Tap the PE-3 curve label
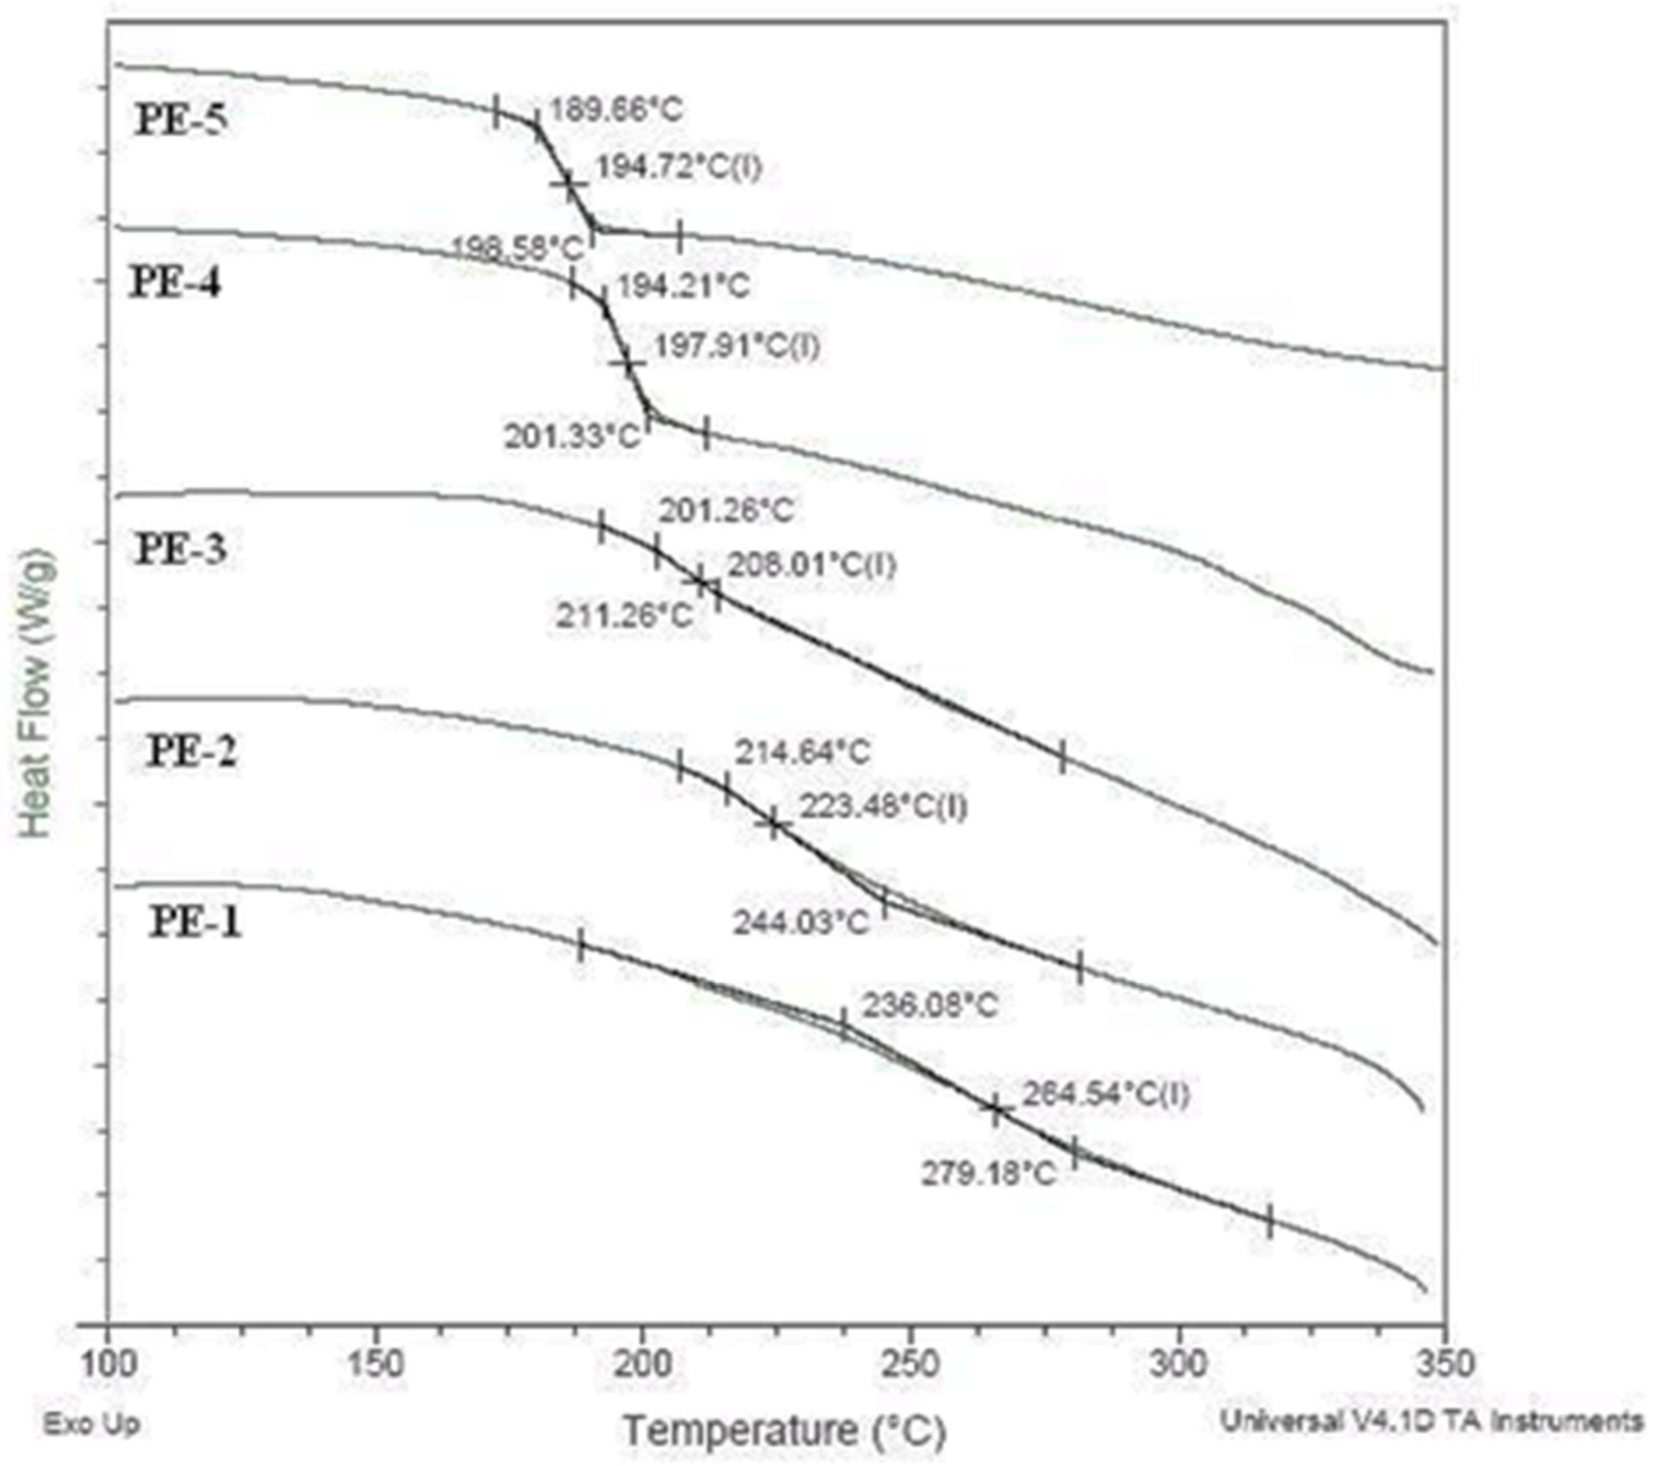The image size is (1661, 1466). pos(180,549)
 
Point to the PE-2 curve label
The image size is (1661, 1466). pos(192,752)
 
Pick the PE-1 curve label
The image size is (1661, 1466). pos(195,923)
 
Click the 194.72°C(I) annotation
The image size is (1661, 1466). pos(678,168)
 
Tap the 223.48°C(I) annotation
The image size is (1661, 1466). pos(883,807)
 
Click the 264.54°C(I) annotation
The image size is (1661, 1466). pos(1105,1095)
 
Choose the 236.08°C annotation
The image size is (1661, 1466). pos(929,1005)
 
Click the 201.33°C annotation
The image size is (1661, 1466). pos(573,437)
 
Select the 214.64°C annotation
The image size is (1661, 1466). pos(802,752)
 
